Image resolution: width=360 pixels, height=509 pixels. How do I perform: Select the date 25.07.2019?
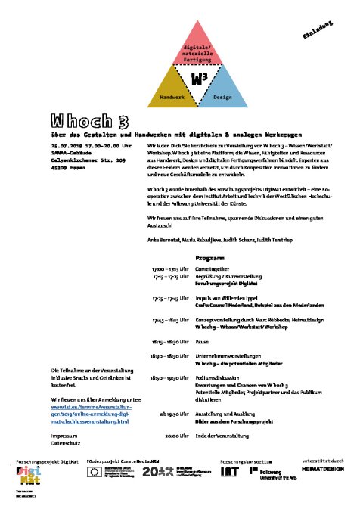tap(68, 144)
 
